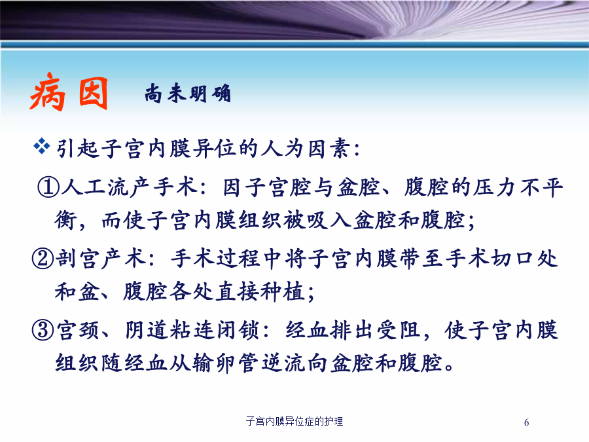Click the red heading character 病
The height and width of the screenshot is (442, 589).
48,92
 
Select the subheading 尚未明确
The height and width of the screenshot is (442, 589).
187,93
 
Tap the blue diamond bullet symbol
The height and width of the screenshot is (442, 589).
41,146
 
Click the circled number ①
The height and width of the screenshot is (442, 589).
48,187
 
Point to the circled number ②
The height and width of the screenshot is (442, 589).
43,259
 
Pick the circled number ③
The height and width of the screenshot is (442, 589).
43,330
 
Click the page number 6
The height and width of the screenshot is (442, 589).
526,422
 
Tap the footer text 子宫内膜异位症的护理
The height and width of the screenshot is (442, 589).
294,421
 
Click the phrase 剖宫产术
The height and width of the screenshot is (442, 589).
101,259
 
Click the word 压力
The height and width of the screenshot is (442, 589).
494,187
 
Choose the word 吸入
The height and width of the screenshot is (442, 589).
329,220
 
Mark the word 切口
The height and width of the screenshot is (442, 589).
512,259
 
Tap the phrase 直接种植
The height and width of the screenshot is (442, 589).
260,291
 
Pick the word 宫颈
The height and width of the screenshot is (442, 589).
78,330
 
